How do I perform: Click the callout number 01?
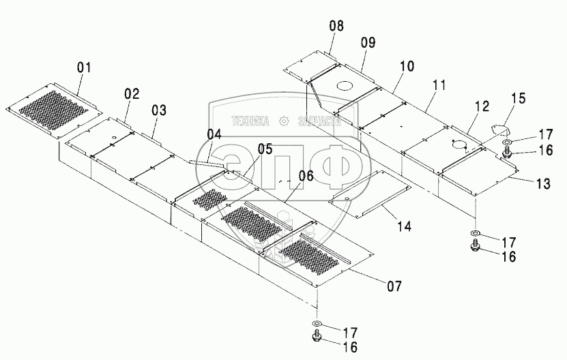tap(84, 67)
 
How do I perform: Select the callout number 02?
tap(132, 95)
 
